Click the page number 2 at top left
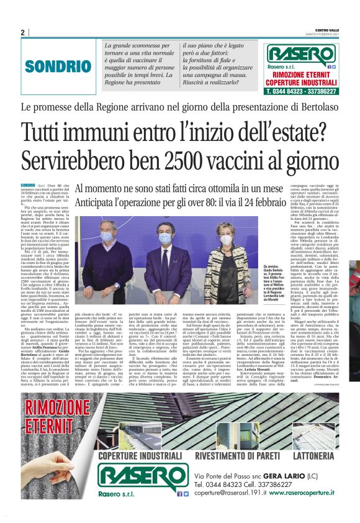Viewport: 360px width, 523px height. click(x=22, y=33)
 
